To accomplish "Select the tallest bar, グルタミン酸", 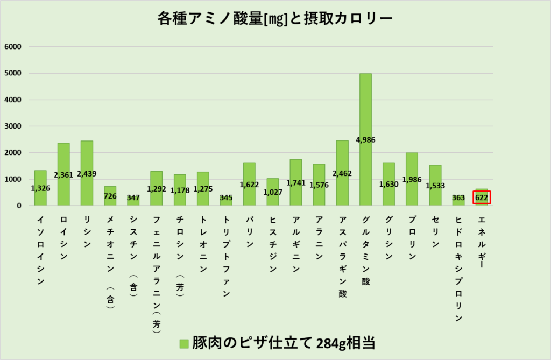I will [x=365, y=108].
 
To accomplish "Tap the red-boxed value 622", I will [x=482, y=197].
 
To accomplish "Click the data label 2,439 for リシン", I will [x=87, y=174].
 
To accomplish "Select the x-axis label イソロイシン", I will [x=40, y=250].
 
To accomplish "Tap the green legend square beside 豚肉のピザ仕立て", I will [x=184, y=343].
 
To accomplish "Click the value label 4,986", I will [x=365, y=140].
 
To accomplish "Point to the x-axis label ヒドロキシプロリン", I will [x=458, y=269].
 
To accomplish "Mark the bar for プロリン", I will [x=412, y=161].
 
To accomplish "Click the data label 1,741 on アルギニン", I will [x=295, y=183].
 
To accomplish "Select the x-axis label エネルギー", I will [x=482, y=242].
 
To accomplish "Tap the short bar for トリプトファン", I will [x=226, y=202].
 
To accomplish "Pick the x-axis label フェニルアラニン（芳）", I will [x=156, y=274].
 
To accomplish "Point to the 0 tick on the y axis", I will [x=18, y=206].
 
